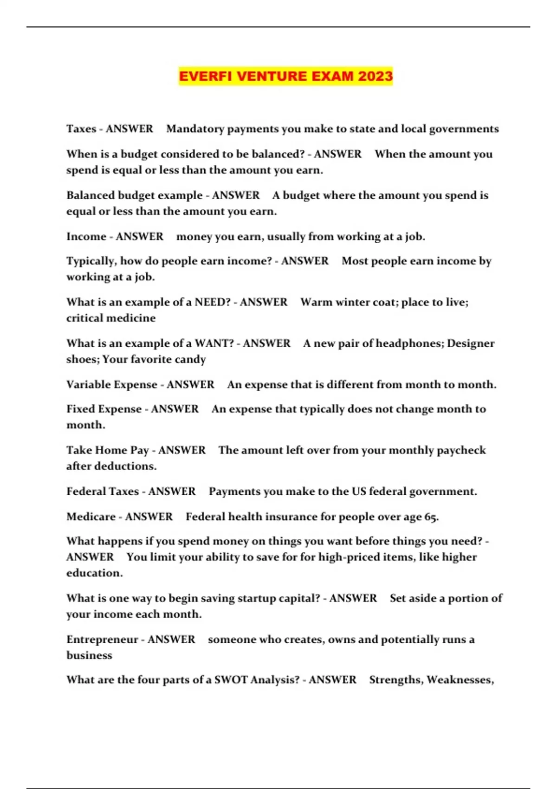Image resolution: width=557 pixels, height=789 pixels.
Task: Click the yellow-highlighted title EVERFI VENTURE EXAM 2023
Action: (x=285, y=76)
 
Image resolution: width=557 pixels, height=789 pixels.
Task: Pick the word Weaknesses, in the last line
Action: (x=460, y=680)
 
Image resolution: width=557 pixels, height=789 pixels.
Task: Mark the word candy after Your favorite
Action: (x=191, y=360)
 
